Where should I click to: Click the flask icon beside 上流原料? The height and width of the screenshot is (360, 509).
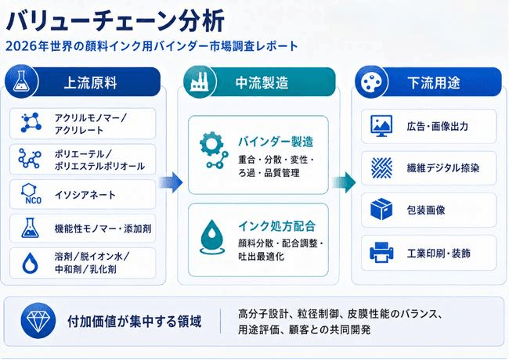click(21, 81)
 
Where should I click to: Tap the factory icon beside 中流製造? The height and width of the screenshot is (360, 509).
click(199, 81)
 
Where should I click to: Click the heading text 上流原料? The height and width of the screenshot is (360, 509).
click(91, 82)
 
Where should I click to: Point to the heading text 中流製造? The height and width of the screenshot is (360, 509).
click(262, 82)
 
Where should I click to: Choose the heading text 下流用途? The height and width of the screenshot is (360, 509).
click(434, 82)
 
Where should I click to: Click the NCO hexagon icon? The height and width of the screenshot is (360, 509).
click(31, 194)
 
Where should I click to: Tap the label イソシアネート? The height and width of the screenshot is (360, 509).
click(85, 195)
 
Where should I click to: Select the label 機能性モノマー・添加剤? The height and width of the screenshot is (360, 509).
click(103, 229)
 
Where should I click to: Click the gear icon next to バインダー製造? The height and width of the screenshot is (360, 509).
click(213, 149)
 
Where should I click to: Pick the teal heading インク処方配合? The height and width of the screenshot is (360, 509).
click(277, 226)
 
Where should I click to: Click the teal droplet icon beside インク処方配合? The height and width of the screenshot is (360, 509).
click(212, 237)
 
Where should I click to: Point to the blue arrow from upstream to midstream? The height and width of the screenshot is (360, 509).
click(171, 182)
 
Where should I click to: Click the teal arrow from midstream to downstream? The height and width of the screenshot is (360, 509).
click(344, 182)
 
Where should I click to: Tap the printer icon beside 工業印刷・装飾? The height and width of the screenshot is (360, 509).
click(381, 252)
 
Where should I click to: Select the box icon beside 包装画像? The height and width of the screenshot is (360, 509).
click(381, 209)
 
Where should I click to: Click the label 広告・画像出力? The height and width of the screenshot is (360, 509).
click(438, 126)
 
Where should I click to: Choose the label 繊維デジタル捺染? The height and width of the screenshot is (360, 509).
click(443, 168)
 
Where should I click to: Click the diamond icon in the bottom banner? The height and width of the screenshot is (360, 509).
click(38, 321)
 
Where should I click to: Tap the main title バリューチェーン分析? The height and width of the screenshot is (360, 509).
click(115, 21)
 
